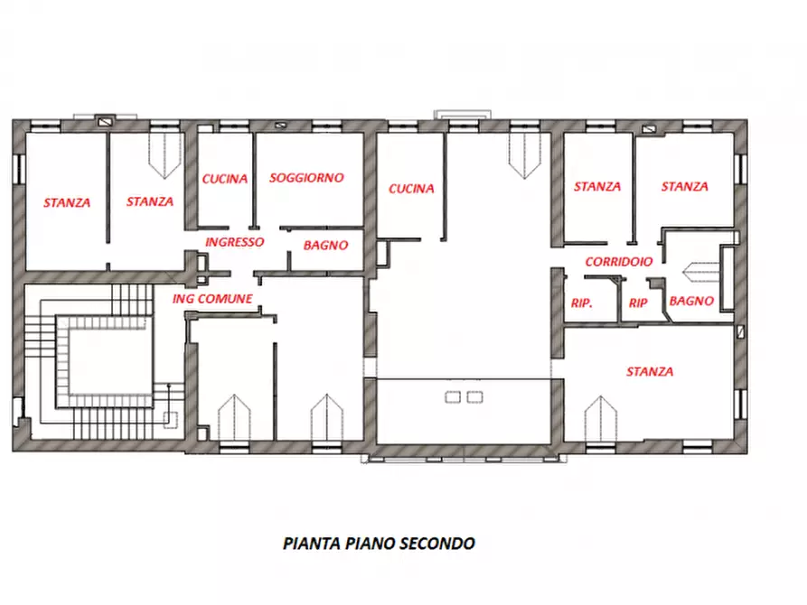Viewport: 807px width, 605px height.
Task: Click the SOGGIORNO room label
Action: click(306, 178)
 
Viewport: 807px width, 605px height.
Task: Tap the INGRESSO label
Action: click(234, 242)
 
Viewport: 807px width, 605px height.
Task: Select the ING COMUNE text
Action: click(212, 298)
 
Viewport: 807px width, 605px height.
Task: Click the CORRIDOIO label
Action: click(619, 261)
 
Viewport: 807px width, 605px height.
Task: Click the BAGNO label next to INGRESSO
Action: click(325, 245)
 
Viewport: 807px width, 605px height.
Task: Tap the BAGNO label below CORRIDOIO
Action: click(693, 301)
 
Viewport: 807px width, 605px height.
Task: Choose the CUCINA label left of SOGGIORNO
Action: click(224, 179)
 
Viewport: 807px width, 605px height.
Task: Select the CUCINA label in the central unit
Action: click(411, 189)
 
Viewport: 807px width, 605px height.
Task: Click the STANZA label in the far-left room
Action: click(67, 202)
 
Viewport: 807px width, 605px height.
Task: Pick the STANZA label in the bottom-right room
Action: click(650, 371)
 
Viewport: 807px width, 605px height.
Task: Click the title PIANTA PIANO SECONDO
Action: click(379, 543)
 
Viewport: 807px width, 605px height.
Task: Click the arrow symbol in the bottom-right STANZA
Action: click(600, 418)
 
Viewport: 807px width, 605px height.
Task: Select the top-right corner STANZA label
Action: click(684, 187)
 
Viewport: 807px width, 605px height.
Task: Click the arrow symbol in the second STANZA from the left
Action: click(164, 154)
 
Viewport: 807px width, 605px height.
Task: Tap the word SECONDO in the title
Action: click(438, 543)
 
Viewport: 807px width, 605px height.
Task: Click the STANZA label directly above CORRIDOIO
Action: click(597, 187)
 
